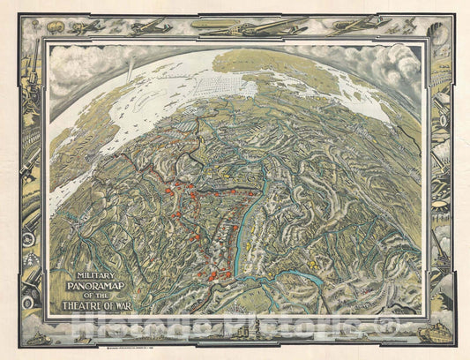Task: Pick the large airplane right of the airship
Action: point(265,27)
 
